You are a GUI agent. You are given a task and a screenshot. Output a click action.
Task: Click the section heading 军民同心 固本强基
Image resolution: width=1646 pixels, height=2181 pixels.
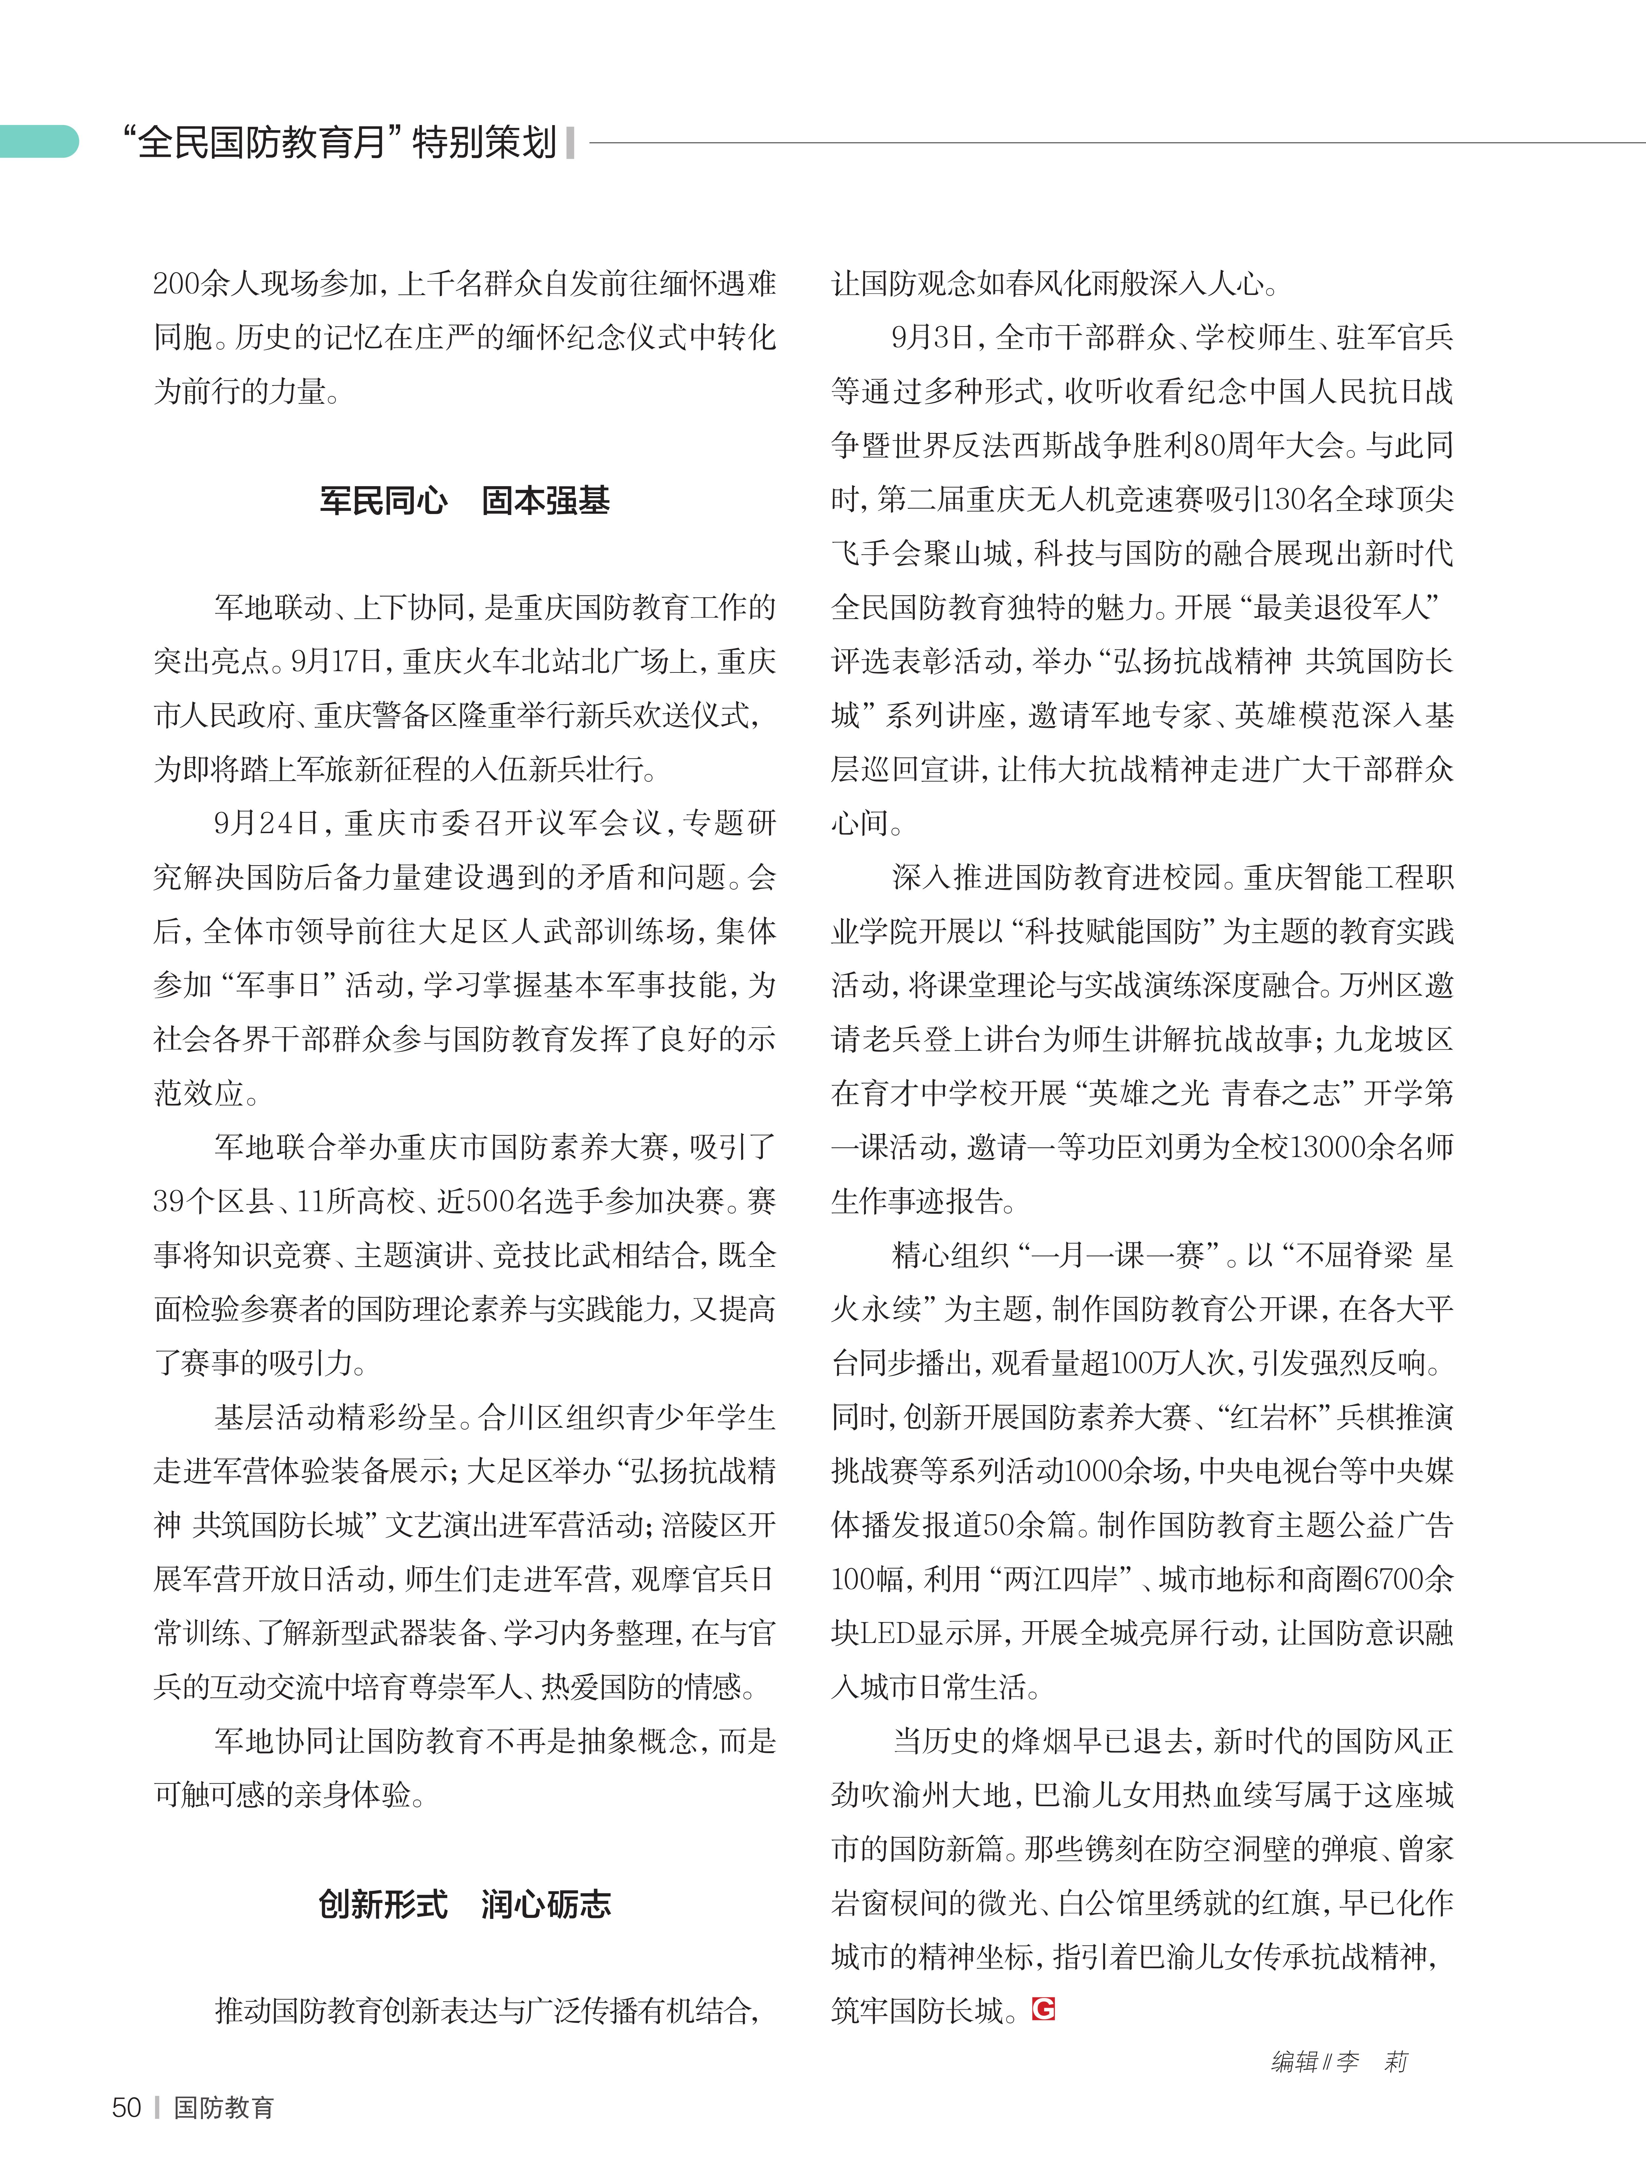click(464, 501)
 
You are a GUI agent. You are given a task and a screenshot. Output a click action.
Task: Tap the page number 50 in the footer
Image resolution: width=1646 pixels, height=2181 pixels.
click(126, 2107)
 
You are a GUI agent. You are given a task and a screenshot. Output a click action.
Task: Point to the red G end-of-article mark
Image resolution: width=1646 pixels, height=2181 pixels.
click(1044, 2008)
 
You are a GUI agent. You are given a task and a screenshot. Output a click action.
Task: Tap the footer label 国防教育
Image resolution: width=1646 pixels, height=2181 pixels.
click(224, 2107)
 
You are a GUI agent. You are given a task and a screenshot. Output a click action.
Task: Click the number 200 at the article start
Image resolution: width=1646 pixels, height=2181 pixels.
click(176, 284)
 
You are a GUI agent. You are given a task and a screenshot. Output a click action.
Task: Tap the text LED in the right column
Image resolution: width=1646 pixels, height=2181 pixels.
click(888, 1633)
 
